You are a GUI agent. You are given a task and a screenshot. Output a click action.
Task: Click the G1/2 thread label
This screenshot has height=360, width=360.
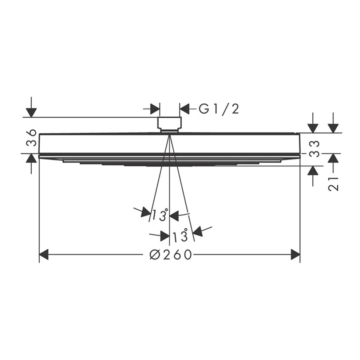[x=219, y=109]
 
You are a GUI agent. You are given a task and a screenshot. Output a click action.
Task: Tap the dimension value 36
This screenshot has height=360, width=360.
[x=31, y=138]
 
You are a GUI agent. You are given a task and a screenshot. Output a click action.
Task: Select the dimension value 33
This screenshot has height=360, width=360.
[x=314, y=149]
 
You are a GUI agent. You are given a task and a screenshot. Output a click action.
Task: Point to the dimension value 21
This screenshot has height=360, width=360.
[x=333, y=184]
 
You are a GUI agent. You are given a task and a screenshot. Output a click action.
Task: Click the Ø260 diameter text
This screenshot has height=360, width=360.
[x=171, y=254]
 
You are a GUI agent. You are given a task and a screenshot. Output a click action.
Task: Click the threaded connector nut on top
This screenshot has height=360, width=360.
[x=169, y=124]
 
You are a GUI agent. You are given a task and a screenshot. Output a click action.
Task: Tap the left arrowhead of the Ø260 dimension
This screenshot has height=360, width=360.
[x=44, y=254]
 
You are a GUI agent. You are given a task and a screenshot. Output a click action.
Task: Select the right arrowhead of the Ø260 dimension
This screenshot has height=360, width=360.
[x=296, y=254]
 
